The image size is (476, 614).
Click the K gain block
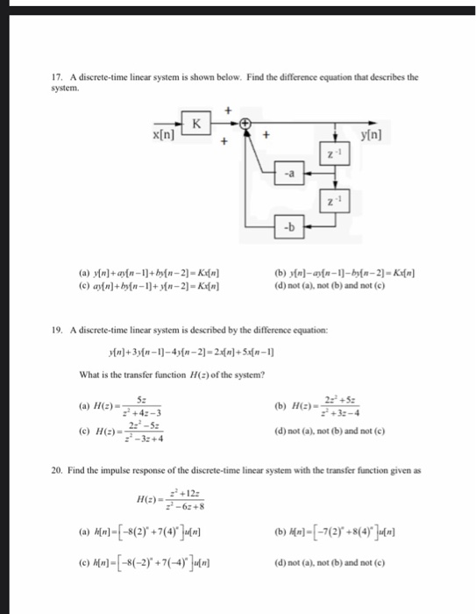[x=195, y=125]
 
